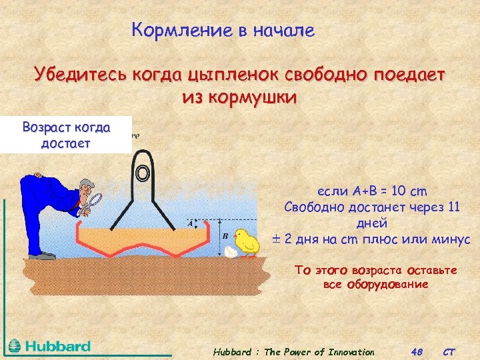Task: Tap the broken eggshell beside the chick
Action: click(231, 252)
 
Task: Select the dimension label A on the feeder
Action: click(191, 223)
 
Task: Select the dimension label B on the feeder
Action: click(225, 236)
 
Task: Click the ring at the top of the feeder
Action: click(141, 173)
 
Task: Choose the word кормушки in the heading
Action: click(257, 97)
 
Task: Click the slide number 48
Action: click(417, 352)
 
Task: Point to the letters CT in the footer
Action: click(450, 352)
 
